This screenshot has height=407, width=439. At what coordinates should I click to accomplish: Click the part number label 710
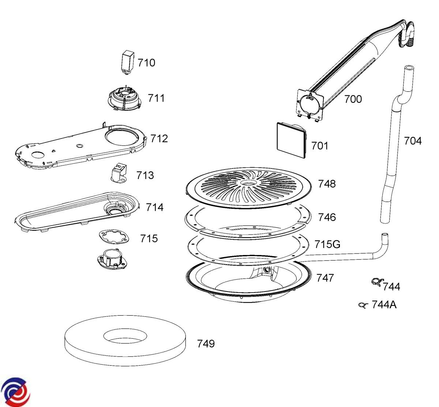(x=146, y=63)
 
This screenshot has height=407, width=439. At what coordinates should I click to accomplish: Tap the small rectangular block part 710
(x=127, y=61)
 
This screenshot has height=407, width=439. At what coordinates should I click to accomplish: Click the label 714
(x=154, y=208)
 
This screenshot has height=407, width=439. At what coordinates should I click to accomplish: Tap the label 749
(x=206, y=344)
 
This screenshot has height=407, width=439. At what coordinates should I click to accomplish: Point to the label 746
(x=327, y=217)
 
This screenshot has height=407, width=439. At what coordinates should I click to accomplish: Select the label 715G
(x=327, y=244)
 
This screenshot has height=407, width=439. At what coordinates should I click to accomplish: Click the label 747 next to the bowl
(x=325, y=278)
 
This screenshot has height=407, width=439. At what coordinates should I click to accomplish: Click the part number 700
(x=353, y=99)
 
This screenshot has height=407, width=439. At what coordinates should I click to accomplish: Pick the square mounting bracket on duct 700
(x=310, y=104)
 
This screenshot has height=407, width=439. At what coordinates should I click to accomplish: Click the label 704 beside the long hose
(x=413, y=141)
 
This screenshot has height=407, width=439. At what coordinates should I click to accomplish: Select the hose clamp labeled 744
(x=376, y=282)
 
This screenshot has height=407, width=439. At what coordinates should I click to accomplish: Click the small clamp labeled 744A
(x=362, y=305)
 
